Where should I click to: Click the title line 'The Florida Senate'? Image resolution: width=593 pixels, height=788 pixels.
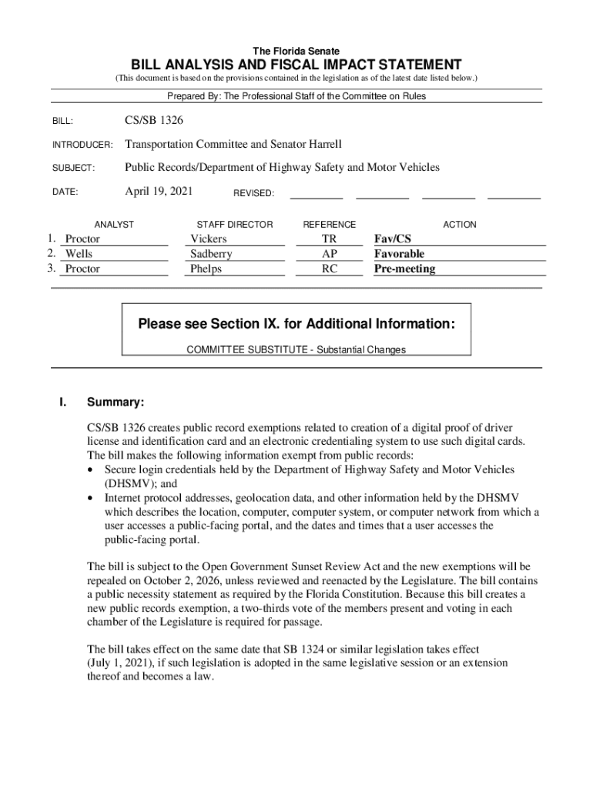(296, 51)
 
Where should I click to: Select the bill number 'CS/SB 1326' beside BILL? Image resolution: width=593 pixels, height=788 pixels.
(153, 121)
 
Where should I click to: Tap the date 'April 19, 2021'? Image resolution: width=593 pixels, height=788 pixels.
(159, 191)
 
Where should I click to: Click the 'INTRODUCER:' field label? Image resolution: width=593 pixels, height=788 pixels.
(82, 145)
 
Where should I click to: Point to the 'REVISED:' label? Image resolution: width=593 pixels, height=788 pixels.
(253, 193)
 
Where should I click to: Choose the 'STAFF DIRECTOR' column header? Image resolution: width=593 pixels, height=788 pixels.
(234, 225)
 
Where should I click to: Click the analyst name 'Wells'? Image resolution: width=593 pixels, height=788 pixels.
(79, 254)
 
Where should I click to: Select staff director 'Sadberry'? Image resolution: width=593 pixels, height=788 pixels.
(211, 254)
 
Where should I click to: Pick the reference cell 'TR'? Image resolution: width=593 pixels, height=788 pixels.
(329, 239)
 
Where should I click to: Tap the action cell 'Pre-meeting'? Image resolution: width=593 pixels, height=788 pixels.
(404, 269)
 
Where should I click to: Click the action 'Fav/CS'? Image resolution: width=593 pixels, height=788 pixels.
(393, 239)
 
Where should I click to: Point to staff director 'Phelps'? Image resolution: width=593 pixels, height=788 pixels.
(206, 269)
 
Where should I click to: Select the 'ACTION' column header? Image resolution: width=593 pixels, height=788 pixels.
(460, 225)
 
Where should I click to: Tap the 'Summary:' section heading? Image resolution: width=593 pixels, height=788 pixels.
(116, 402)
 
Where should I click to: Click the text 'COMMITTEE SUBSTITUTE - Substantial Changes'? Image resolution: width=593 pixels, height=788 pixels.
(296, 349)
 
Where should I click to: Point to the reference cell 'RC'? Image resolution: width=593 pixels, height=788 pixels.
(329, 269)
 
